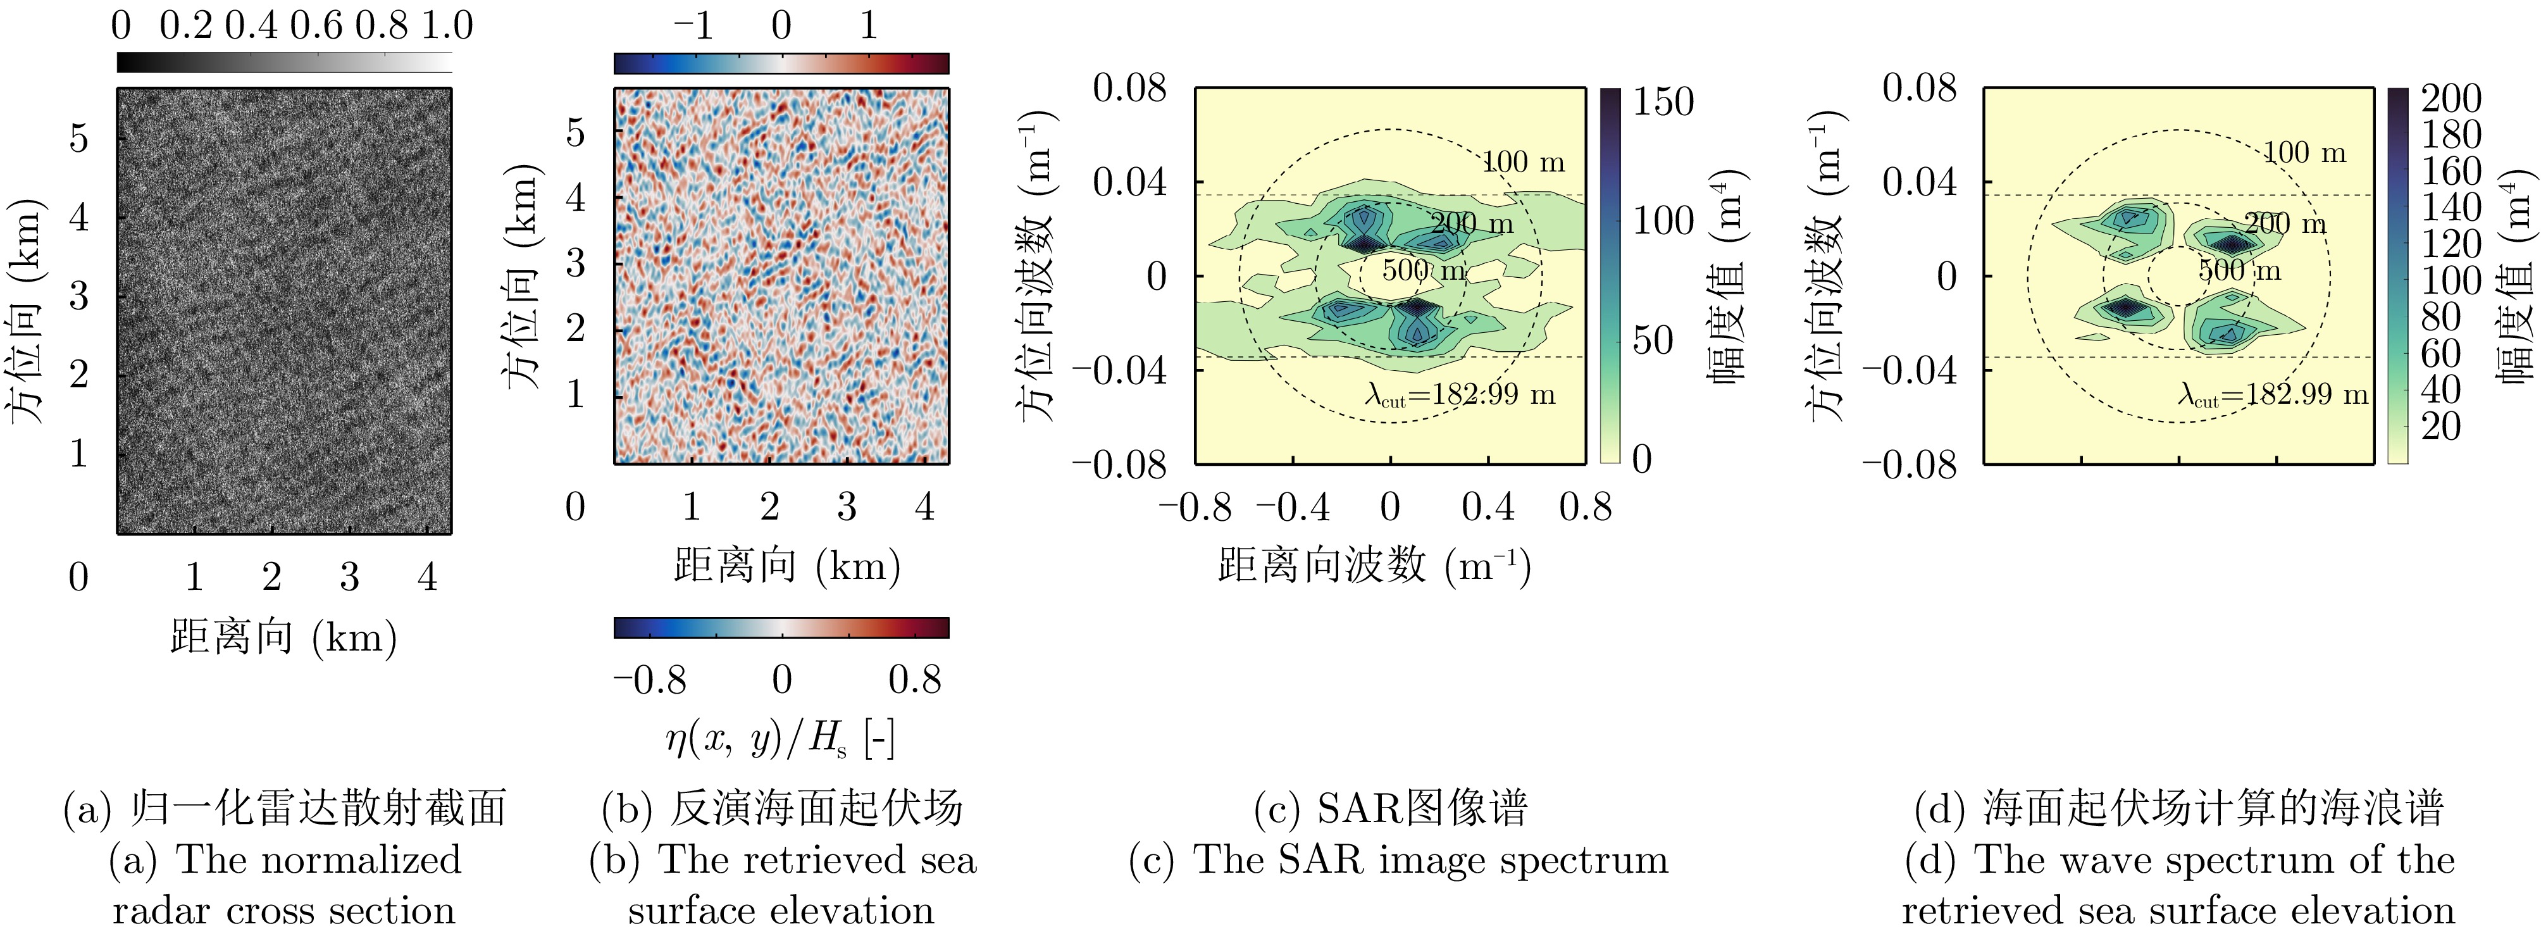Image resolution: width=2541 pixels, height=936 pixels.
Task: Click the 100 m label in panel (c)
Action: point(1524,163)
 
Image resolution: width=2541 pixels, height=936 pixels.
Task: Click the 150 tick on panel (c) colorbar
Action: point(1663,102)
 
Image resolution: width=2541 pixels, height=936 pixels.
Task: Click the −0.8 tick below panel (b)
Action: point(649,680)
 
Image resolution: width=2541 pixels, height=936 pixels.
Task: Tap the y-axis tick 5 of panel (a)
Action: point(79,138)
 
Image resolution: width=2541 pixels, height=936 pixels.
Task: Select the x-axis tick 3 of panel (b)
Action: point(847,507)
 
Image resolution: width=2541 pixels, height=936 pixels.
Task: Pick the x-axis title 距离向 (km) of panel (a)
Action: point(284,638)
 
